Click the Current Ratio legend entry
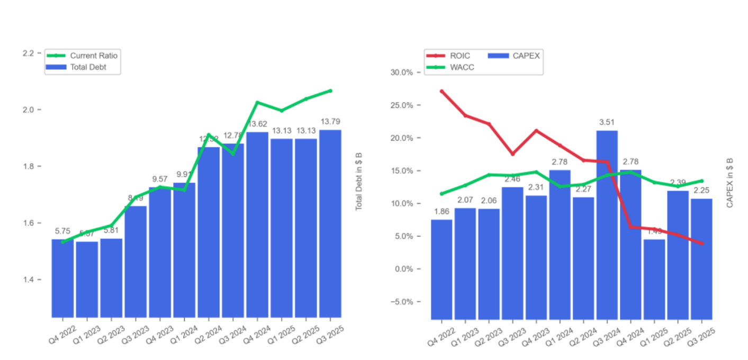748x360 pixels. coord(93,56)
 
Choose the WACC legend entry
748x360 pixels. coord(460,67)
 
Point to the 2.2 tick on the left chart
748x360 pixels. coord(28,53)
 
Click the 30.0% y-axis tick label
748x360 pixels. coord(401,73)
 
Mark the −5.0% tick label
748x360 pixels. coord(401,302)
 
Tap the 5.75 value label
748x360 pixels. coord(62,231)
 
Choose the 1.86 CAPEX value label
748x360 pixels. coord(441,212)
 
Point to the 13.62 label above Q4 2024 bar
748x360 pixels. coord(257,124)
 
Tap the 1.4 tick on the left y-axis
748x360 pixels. coord(28,280)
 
